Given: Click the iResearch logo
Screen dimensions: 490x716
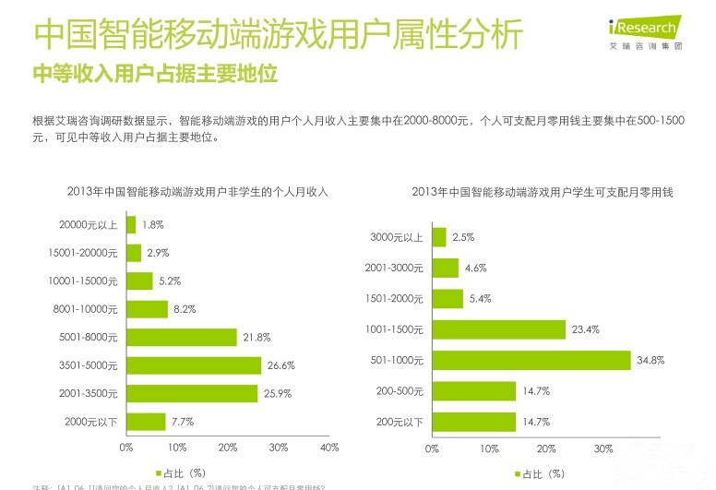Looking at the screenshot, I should [645, 33].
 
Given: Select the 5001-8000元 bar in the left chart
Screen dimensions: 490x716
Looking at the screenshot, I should [182, 338].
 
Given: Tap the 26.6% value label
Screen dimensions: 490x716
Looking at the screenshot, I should [280, 365].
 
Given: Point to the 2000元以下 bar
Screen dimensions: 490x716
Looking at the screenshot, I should [146, 422].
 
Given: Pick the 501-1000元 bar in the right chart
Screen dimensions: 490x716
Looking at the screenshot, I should [531, 360].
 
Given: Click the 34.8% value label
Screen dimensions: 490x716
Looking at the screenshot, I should [650, 360].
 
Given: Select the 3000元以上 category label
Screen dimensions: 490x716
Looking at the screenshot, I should [397, 237].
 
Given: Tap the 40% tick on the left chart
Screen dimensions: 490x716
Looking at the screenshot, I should [329, 448].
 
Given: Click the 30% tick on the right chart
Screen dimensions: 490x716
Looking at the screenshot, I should [603, 448].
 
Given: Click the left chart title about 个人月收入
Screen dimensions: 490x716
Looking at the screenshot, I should [197, 192].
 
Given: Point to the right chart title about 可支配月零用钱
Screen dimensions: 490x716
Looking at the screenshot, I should [542, 192].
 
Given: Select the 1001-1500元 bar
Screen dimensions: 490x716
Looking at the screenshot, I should [498, 329].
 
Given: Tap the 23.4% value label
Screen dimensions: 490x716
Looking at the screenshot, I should [585, 329].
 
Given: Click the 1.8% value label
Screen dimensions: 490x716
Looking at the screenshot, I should [153, 224].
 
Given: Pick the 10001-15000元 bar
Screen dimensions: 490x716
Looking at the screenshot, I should [139, 281].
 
